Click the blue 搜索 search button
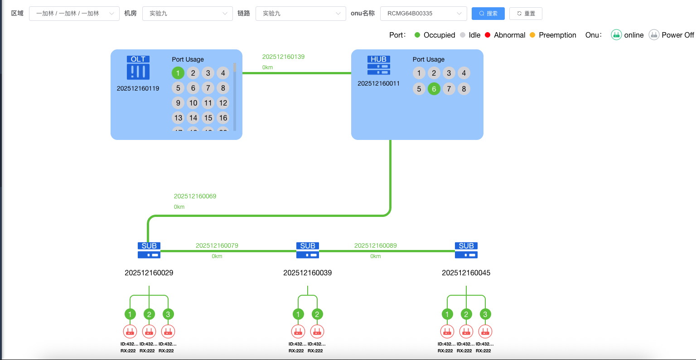[488, 14]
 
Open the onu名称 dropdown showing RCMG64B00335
[423, 14]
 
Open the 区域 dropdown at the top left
[74, 14]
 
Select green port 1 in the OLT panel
[178, 73]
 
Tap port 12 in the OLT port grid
[223, 103]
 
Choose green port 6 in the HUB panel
[434, 89]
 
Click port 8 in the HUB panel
[464, 89]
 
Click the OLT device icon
[138, 68]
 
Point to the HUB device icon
[379, 66]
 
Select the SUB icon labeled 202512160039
[308, 250]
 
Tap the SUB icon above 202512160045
[466, 250]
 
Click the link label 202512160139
[283, 57]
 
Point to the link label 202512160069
[195, 197]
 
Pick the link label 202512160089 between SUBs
[375, 246]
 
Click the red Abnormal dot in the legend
[488, 35]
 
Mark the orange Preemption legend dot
[532, 35]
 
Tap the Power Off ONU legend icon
[654, 35]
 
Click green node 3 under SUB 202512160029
[168, 314]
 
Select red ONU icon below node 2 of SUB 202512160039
[317, 331]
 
